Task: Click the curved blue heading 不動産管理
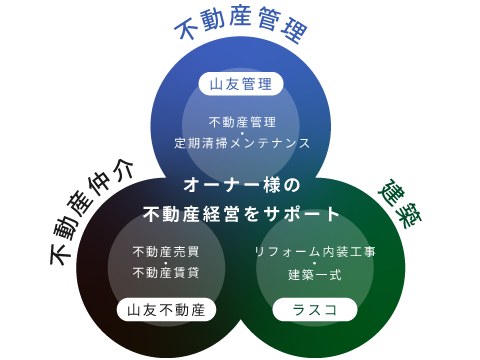pos(240,27)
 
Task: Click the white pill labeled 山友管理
pos(240,84)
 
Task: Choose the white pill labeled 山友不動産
pos(166,310)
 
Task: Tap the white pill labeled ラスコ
pos(314,310)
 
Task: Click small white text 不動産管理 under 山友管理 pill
pos(241,122)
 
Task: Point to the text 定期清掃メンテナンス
pos(241,143)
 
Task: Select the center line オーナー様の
pos(241,185)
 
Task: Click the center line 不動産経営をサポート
pos(241,214)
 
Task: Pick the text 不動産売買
pos(166,252)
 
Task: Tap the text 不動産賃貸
pos(166,273)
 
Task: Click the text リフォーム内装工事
pos(314,252)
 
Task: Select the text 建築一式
pos(314,273)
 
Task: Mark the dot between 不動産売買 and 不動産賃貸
pos(166,263)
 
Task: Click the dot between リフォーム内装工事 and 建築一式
pos(314,263)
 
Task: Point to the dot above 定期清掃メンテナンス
pos(241,133)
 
